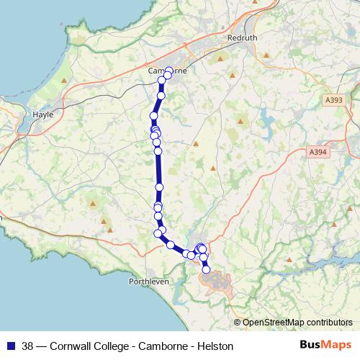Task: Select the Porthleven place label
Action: [148, 282]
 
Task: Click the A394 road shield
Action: [318, 152]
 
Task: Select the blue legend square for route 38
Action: [11, 346]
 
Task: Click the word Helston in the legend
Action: [216, 346]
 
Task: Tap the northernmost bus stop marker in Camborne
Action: [168, 71]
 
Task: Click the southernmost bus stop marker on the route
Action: [207, 271]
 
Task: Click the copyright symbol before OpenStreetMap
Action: [238, 323]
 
